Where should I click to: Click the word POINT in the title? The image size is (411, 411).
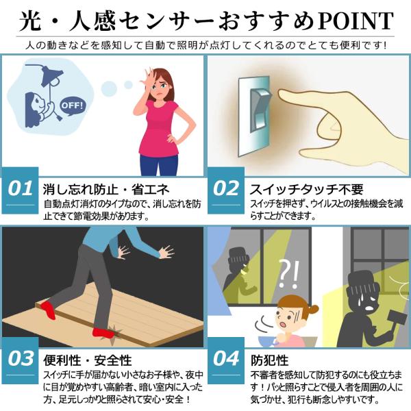pyautogui.click(x=356, y=21)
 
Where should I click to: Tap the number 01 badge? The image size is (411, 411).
pyautogui.click(x=20, y=190)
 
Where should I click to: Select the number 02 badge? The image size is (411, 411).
pyautogui.click(x=226, y=190)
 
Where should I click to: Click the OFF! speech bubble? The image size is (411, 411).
pyautogui.click(x=73, y=107)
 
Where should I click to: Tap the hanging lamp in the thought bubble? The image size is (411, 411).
pyautogui.click(x=52, y=76)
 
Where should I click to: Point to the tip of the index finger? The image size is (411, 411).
pyautogui.click(x=279, y=95)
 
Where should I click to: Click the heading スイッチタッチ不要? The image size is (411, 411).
pyautogui.click(x=306, y=189)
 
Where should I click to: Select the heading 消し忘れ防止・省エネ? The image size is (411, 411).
pyautogui.click(x=106, y=189)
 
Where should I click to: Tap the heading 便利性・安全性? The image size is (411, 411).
pyautogui.click(x=88, y=360)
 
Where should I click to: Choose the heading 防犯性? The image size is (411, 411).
pyautogui.click(x=269, y=360)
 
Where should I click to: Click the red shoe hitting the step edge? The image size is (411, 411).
pyautogui.click(x=103, y=334)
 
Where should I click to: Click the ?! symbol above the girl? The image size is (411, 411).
pyautogui.click(x=288, y=274)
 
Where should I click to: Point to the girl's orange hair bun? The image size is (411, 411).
pyautogui.click(x=312, y=310)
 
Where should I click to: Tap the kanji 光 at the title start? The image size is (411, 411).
pyautogui.click(x=31, y=21)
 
